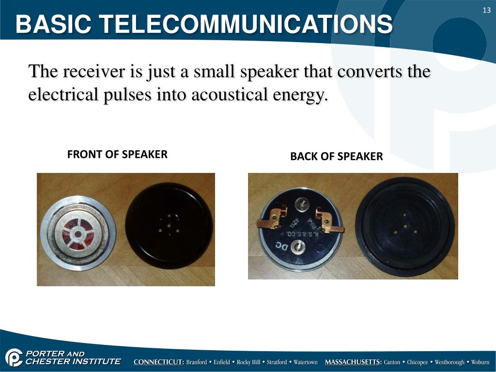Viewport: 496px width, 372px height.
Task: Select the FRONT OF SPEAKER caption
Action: point(117,155)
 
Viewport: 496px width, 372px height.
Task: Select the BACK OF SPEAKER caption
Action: point(336,156)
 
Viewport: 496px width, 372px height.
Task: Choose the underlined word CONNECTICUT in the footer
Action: point(159,362)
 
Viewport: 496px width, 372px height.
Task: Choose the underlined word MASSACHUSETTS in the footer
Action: point(353,362)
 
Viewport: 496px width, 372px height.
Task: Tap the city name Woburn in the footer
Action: point(480,362)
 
